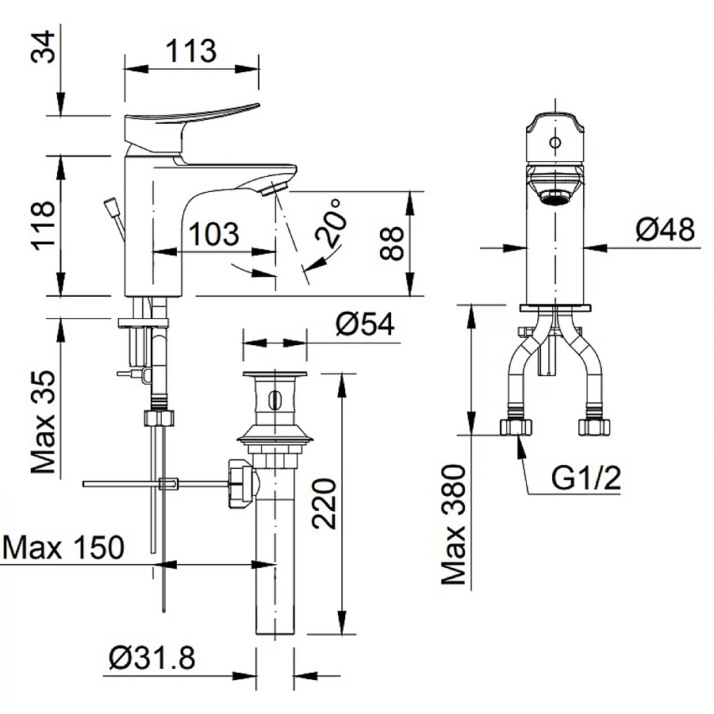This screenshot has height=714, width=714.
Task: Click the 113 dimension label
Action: [191, 52]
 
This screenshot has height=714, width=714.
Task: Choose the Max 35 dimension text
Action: [46, 423]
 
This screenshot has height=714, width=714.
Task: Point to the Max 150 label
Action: [63, 547]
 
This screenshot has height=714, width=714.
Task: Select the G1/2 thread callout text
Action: [585, 478]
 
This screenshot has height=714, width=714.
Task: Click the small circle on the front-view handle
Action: [555, 144]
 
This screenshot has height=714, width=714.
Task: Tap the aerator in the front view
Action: [555, 195]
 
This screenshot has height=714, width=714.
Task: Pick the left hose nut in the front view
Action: [516, 427]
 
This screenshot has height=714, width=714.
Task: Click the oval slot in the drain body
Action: [274, 399]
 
